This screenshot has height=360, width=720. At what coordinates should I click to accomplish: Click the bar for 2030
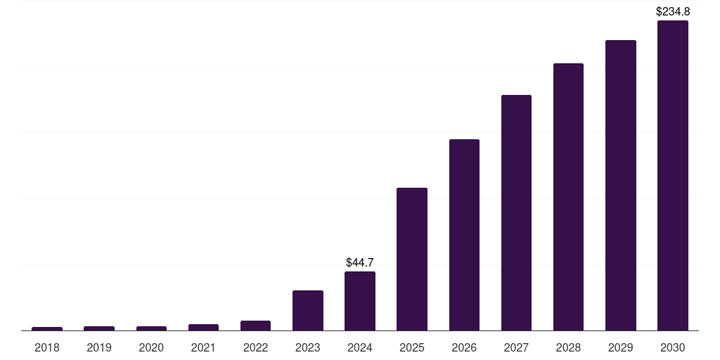[x=672, y=176]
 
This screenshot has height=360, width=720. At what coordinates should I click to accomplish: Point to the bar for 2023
[x=308, y=310]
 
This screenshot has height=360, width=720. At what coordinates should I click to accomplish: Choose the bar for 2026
[x=464, y=235]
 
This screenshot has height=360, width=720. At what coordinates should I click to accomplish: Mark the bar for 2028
[x=568, y=197]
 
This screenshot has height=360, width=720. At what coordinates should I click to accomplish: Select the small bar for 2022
[x=255, y=326]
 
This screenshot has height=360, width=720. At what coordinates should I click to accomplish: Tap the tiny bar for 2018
[x=47, y=328]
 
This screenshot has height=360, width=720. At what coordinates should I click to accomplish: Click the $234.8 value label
[x=672, y=11]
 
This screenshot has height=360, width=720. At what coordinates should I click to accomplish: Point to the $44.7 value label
[x=360, y=262]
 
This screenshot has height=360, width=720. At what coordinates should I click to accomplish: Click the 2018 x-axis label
[x=47, y=347]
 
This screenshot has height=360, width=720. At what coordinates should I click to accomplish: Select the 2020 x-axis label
[x=151, y=347]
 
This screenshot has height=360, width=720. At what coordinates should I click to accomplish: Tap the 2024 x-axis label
[x=360, y=347]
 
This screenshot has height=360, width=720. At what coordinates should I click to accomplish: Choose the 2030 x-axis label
[x=672, y=347]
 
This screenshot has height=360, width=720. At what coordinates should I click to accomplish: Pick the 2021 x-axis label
[x=203, y=347]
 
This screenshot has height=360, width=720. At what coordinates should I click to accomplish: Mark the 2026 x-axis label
[x=464, y=347]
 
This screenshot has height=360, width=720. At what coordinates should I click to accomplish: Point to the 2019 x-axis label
[x=99, y=347]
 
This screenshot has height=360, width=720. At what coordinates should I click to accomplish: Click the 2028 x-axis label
[x=568, y=347]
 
